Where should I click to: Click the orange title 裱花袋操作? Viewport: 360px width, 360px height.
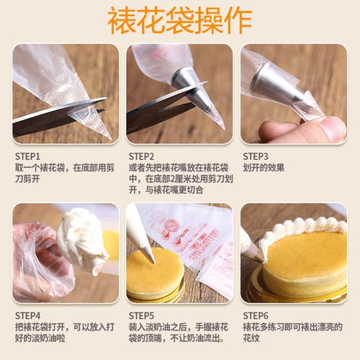180,20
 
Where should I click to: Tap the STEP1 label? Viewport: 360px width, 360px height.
27,156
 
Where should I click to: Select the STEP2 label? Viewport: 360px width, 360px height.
141,156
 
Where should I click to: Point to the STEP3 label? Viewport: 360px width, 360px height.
256,156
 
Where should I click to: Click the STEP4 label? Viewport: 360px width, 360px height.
27,316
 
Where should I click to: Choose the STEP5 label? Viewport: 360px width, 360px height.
141,316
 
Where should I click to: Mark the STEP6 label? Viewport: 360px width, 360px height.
256,316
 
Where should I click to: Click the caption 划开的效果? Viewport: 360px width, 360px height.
264,168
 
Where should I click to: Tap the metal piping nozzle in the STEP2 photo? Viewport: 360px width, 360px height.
191,89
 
